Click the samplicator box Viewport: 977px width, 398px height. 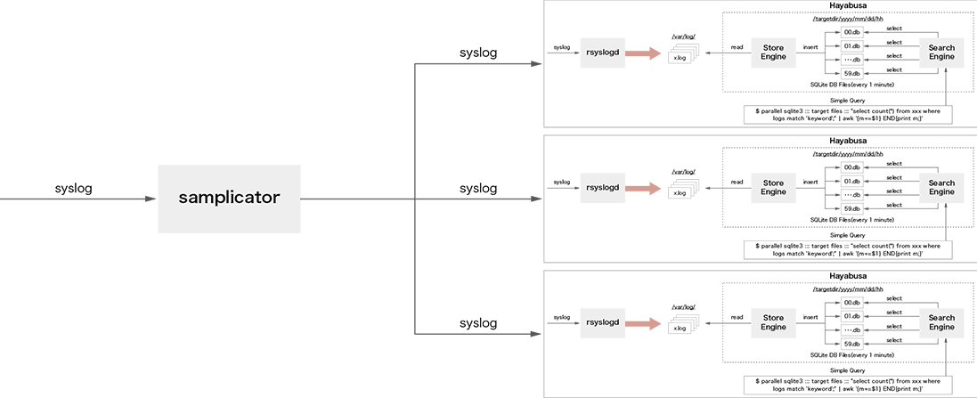pos(229,199)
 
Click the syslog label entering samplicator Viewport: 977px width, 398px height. pos(73,189)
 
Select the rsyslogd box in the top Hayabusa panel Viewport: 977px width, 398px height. pos(601,53)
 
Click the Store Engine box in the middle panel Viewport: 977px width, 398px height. pos(773,187)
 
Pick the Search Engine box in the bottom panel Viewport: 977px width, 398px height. pos(941,321)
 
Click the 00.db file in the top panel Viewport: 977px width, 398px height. pos(852,32)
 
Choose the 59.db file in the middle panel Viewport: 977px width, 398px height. pos(852,208)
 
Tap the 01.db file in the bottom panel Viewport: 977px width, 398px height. pos(852,315)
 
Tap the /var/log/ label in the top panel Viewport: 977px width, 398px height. pos(683,37)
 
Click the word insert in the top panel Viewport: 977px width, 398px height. pos(810,46)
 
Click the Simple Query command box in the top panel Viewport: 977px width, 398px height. pos(847,115)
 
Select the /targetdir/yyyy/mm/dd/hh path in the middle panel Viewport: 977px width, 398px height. pos(847,154)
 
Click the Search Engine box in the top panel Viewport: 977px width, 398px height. pos(941,53)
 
